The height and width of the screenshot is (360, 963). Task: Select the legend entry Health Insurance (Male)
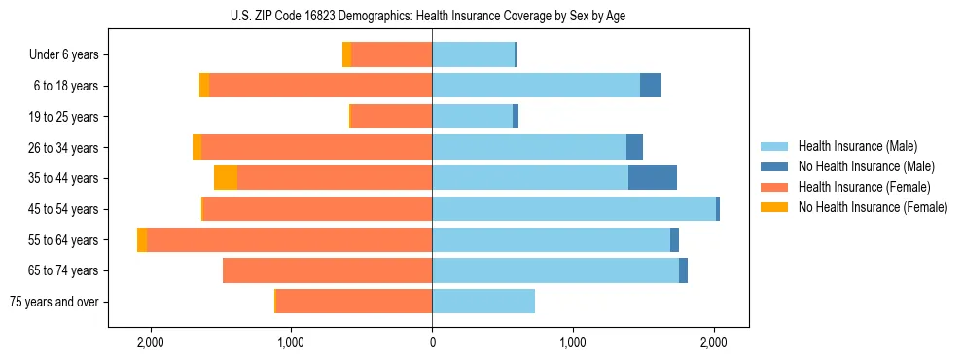pyautogui.click(x=856, y=146)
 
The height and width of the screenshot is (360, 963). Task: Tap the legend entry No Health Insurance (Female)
pyautogui.click(x=873, y=207)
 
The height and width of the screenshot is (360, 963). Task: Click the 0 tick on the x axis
pyautogui.click(x=432, y=342)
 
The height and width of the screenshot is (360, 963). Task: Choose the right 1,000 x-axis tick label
pyautogui.click(x=573, y=342)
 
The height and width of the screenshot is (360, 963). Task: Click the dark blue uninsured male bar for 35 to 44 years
pyautogui.click(x=652, y=178)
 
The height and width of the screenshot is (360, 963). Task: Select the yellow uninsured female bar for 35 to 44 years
pyautogui.click(x=226, y=178)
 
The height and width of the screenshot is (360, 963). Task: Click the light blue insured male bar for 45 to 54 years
pyautogui.click(x=574, y=209)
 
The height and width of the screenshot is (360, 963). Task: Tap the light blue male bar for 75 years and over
pyautogui.click(x=483, y=302)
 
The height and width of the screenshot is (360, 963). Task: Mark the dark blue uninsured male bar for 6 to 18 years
pyautogui.click(x=650, y=86)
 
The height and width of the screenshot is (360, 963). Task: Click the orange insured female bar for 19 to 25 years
pyautogui.click(x=391, y=117)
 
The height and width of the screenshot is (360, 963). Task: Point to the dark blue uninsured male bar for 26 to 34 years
pyautogui.click(x=634, y=148)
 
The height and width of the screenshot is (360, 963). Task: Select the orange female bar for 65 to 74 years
pyautogui.click(x=327, y=270)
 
